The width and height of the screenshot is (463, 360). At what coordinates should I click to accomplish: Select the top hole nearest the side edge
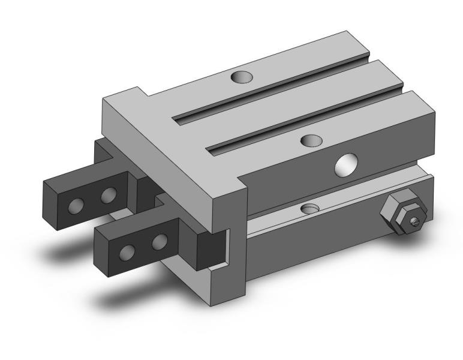[311, 140]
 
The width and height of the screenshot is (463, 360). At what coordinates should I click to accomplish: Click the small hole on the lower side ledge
[310, 208]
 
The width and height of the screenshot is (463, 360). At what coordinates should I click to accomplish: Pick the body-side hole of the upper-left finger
[108, 196]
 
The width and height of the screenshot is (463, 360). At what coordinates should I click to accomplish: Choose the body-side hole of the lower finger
[158, 242]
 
